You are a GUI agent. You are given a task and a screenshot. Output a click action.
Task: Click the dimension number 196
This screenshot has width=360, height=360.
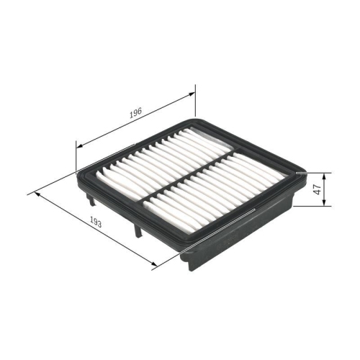pyautogui.click(x=134, y=113)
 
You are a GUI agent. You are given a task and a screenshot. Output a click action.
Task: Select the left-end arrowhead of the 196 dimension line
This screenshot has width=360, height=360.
pyautogui.click(x=78, y=145)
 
